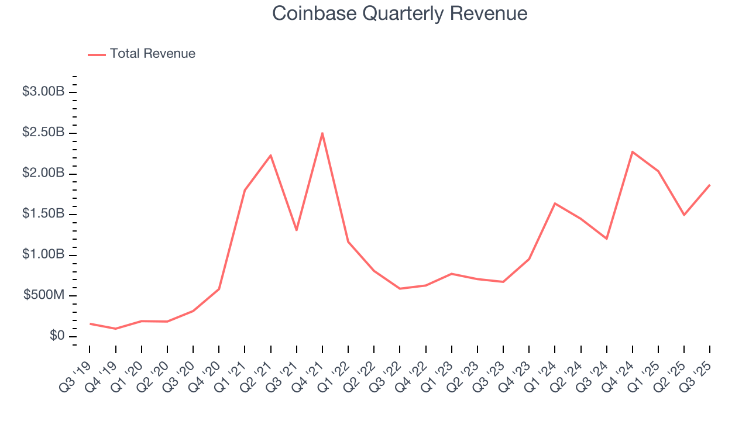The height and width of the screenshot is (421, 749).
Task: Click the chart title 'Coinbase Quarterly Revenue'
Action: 400,13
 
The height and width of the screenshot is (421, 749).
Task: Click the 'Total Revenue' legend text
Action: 152,54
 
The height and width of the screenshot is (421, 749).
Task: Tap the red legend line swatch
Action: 97,54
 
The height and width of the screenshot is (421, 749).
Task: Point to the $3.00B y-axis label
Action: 43,92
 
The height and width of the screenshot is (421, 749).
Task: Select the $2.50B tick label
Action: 43,133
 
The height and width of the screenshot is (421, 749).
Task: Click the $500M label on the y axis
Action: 44,296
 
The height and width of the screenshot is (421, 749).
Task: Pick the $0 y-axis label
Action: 57,336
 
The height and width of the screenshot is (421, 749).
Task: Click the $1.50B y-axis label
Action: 43,214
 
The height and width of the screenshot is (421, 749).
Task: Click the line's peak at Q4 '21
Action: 322,133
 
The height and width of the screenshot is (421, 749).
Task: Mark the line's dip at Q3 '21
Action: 297,230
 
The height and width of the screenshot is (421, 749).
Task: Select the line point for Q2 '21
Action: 271,155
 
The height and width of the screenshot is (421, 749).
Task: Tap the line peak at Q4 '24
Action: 633,151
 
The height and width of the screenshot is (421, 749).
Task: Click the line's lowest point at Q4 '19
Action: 116,329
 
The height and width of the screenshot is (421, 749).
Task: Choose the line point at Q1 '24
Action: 555,203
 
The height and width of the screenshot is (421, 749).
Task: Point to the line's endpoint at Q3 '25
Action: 710,185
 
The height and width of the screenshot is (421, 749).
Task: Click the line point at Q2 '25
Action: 684,215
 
